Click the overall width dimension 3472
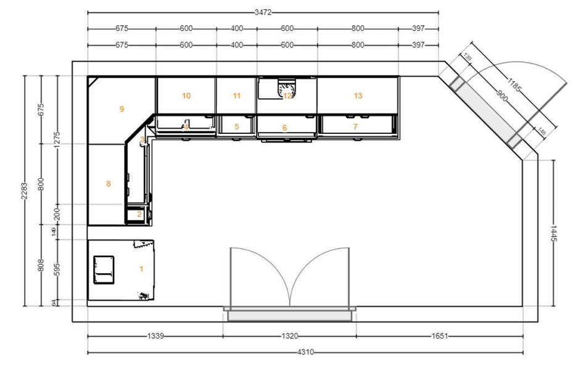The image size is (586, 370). [x=263, y=12]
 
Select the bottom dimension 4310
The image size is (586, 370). [x=307, y=353]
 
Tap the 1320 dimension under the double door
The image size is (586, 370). [x=289, y=336]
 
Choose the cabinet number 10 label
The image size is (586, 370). [x=186, y=96]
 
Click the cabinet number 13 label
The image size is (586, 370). [x=358, y=96]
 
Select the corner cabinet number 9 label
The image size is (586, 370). [x=122, y=109]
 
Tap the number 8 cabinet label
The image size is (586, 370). [x=109, y=183]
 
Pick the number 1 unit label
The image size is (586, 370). [x=141, y=269]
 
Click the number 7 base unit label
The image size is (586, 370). [x=355, y=126]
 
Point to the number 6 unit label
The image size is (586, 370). [x=284, y=128]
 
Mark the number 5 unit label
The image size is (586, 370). [x=236, y=126]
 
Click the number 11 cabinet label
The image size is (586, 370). [x=236, y=96]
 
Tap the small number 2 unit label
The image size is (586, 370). [x=139, y=214]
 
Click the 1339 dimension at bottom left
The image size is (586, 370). [x=155, y=336]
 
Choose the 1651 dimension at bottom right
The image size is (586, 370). [x=439, y=336]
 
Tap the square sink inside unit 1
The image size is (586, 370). [x=104, y=269]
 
